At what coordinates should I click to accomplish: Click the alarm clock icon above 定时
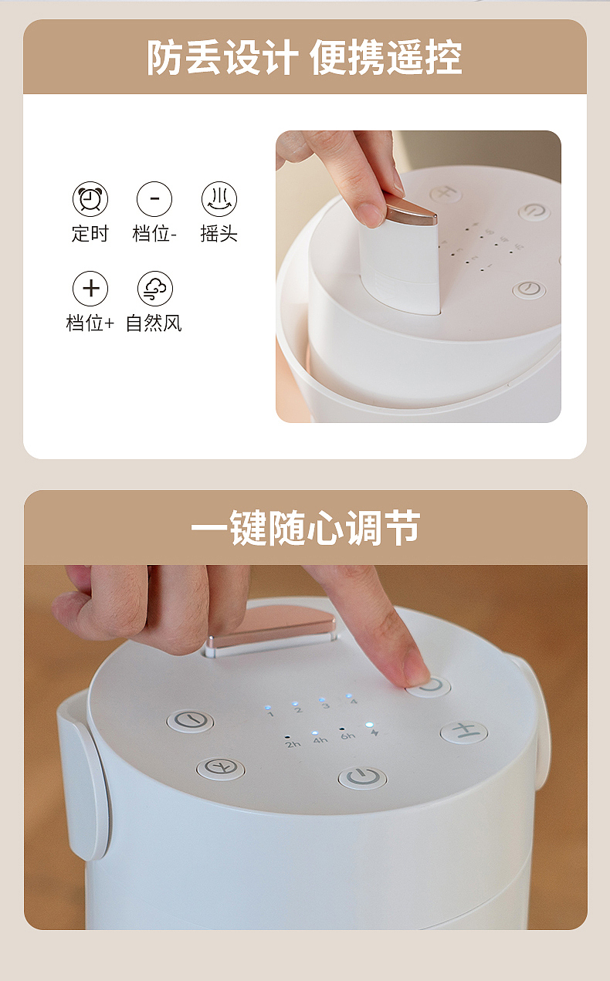pos(90,200)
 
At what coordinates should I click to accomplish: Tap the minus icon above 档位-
pos(154,200)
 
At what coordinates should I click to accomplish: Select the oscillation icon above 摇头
pos(219,200)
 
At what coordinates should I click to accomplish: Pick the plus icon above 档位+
pos(90,289)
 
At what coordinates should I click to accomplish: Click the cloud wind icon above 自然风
pos(154,289)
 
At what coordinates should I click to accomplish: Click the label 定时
pos(90,234)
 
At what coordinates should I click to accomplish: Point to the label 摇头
pos(219,234)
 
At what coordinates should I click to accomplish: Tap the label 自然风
pos(154,323)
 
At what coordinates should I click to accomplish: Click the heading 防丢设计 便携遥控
pos(305,58)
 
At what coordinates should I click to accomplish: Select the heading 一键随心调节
pos(305,529)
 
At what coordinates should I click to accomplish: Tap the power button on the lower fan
pos(362,776)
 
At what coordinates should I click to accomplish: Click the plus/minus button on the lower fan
pos(463,732)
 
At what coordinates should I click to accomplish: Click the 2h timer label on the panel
pos(293,743)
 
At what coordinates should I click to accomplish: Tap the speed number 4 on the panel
pos(353,702)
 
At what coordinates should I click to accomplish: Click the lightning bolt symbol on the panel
pos(374,732)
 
